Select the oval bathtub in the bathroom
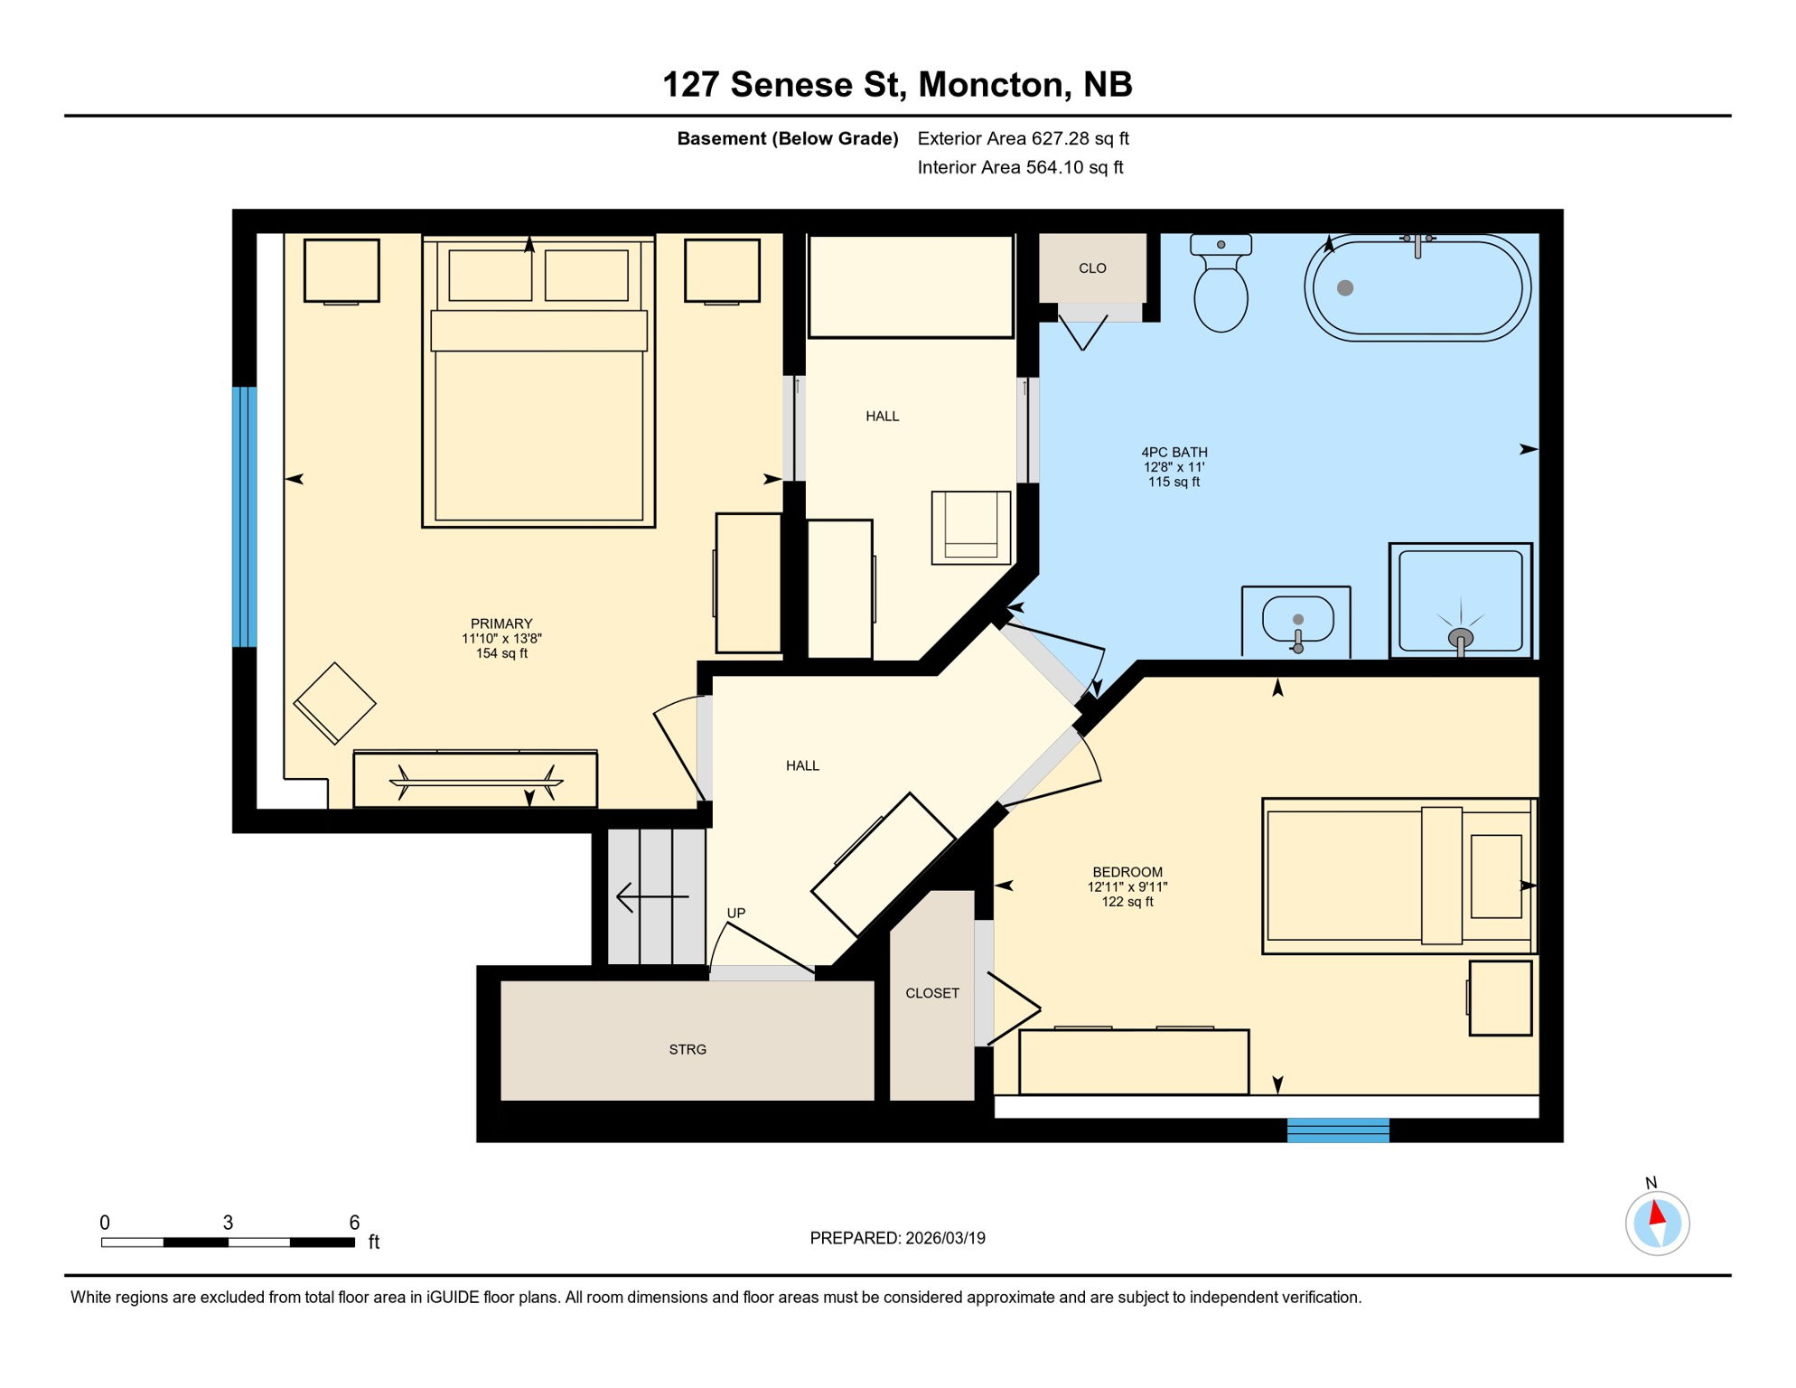[1417, 288]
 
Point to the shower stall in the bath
[1460, 600]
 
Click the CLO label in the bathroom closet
[1092, 268]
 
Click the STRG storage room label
[688, 1049]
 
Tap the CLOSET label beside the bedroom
[932, 993]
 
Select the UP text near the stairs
[736, 913]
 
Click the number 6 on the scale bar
[354, 1223]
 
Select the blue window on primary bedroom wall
[244, 517]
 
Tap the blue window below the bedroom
[1338, 1130]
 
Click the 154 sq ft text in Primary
[501, 653]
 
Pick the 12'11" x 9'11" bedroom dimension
[1127, 887]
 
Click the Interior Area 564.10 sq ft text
[1020, 167]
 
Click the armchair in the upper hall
[971, 528]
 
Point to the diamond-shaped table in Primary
[334, 703]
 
